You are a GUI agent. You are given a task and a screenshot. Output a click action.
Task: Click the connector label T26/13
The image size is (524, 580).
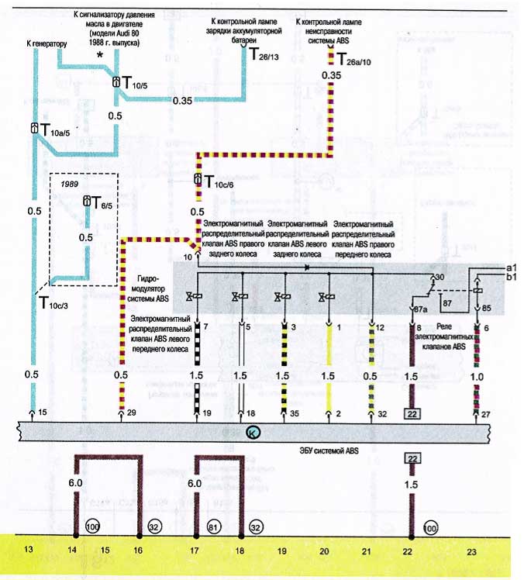[x=264, y=54]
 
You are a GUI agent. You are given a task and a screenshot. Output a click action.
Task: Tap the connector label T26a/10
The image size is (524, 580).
[x=354, y=59]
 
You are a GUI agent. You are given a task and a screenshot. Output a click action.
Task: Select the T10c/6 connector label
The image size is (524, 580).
[x=219, y=182]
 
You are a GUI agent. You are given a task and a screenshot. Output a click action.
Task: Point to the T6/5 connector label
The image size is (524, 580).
[x=102, y=203]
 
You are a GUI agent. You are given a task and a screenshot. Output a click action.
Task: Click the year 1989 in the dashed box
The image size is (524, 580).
[x=70, y=184]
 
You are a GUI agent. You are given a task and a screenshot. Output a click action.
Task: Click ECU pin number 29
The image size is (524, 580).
[x=131, y=413]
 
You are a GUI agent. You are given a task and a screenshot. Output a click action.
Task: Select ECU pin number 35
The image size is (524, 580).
[x=294, y=413]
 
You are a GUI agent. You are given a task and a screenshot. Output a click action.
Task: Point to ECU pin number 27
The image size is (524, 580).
[x=485, y=414]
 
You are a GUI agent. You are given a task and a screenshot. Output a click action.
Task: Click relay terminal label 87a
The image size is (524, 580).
[x=421, y=309]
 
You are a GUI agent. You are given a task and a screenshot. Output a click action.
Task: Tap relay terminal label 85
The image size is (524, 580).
[x=486, y=308]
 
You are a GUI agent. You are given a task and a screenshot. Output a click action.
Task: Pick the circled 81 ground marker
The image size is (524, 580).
[x=213, y=526]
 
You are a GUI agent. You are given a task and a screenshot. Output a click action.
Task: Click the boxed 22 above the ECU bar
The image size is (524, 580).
[x=412, y=414]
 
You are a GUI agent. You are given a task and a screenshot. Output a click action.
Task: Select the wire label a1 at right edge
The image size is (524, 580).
[x=512, y=268]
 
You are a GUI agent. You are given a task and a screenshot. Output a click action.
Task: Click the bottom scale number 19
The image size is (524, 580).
[x=282, y=551]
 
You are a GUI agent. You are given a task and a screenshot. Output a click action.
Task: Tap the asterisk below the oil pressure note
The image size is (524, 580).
[x=99, y=56]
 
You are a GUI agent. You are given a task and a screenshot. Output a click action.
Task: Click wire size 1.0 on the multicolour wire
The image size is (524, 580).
[x=477, y=377]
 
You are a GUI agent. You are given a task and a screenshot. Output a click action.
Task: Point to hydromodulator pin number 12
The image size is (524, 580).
[x=380, y=328]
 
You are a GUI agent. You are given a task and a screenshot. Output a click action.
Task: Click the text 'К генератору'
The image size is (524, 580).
[x=47, y=43]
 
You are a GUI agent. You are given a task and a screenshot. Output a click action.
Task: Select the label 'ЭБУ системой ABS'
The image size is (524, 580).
[x=329, y=451]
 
